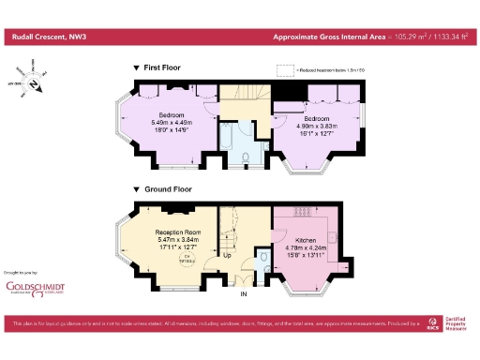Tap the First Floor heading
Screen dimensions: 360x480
[162, 67]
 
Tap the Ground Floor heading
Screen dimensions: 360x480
[167, 189]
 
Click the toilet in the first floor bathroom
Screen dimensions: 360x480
[246, 158]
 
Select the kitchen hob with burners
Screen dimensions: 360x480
[304, 210]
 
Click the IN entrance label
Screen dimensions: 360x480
[244, 294]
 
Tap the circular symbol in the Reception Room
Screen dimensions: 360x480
[187, 260]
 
